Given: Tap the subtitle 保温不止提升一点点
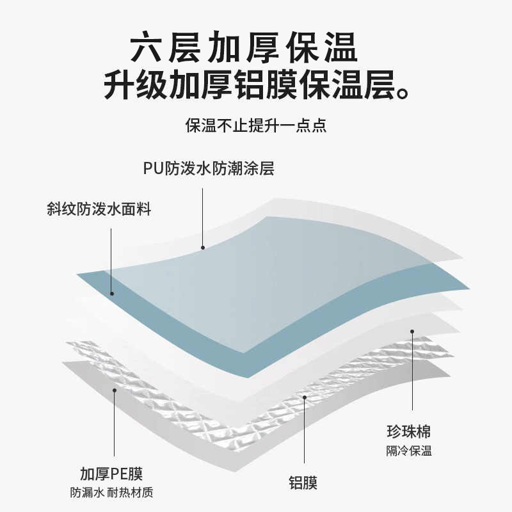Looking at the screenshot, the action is coord(256,125).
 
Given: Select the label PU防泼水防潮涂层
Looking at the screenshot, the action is coord(209,169).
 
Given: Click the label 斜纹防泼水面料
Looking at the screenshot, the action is coord(99,209).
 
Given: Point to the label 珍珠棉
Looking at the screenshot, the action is coord(408,430).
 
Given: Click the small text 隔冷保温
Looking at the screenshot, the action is coord(408,451).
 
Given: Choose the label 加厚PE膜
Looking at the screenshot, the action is coord(111,474).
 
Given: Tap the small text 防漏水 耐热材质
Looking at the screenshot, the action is coord(111,493).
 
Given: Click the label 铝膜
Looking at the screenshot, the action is coord(303,483).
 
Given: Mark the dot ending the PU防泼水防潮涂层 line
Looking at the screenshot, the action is coord(203,247).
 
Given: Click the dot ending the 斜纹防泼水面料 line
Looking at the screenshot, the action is coord(111,294).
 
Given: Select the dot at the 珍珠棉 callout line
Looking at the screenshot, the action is coord(412,332).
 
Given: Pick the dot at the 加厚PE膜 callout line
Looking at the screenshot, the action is coord(114,388).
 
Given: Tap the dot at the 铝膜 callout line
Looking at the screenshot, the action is coord(305,397).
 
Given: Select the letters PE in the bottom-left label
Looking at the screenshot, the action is coord(120,474).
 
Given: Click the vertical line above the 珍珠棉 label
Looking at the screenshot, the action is coord(412,371).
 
